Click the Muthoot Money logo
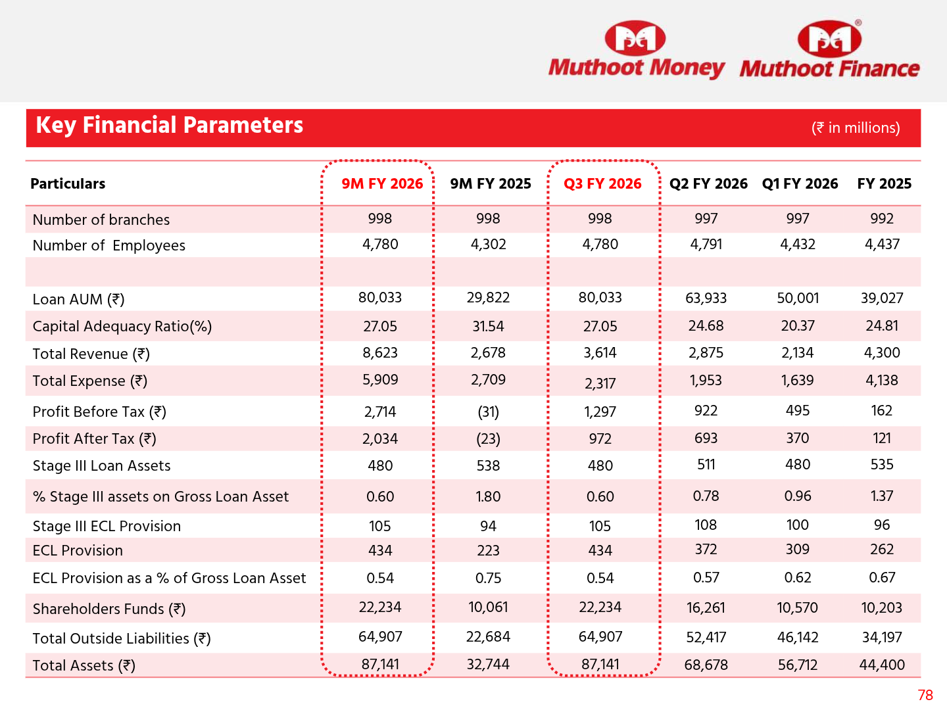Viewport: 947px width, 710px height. pyautogui.click(x=636, y=51)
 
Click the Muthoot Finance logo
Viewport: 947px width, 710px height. pyautogui.click(x=829, y=51)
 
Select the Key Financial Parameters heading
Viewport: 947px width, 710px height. pyautogui.click(x=170, y=126)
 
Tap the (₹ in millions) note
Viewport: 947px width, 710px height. pyautogui.click(x=856, y=128)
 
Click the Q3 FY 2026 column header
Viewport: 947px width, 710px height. pyautogui.click(x=602, y=184)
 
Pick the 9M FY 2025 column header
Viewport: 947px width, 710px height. pyautogui.click(x=491, y=184)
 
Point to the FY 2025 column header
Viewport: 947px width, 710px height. pyautogui.click(x=884, y=184)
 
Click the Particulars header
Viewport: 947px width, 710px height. pyautogui.click(x=68, y=184)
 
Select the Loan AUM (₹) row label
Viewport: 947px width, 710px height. pyautogui.click(x=78, y=300)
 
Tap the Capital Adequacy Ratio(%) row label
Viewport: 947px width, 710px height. pyautogui.click(x=122, y=327)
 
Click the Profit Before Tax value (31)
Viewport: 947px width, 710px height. pyautogui.click(x=488, y=412)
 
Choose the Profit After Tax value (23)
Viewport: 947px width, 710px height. pyautogui.click(x=488, y=439)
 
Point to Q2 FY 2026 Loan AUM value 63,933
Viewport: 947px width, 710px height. pyautogui.click(x=706, y=298)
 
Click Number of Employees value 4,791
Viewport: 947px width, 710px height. pyautogui.click(x=706, y=245)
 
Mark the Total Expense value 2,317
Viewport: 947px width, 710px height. pyautogui.click(x=600, y=383)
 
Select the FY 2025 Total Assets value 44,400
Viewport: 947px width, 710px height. pyautogui.click(x=882, y=665)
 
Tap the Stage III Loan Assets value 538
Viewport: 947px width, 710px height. pyautogui.click(x=488, y=466)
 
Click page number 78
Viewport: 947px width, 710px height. pyautogui.click(x=925, y=696)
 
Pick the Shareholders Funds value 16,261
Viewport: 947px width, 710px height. pyautogui.click(x=706, y=608)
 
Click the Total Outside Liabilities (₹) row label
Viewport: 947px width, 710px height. pyautogui.click(x=122, y=639)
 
